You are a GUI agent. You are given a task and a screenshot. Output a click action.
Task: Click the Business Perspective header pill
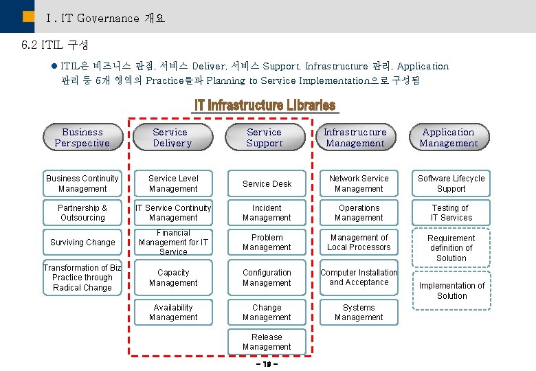pyautogui.click(x=82, y=137)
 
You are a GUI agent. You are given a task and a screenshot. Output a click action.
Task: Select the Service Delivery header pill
pyautogui.click(x=172, y=137)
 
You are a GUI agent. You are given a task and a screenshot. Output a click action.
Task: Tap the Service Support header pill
pyautogui.click(x=265, y=137)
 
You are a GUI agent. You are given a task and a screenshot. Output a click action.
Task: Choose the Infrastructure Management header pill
pyautogui.click(x=355, y=137)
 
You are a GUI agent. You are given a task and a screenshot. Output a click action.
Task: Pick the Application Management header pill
pyautogui.click(x=449, y=137)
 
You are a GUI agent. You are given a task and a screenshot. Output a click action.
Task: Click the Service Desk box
pyautogui.click(x=267, y=183)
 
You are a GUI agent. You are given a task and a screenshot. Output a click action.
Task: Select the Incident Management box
pyautogui.click(x=267, y=213)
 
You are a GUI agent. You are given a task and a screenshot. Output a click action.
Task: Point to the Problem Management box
pyautogui.click(x=267, y=243)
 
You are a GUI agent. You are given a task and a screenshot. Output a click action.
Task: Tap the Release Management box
pyautogui.click(x=267, y=342)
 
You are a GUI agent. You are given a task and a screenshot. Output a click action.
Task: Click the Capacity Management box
pyautogui.click(x=173, y=278)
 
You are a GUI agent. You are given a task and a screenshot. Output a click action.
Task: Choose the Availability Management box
pyautogui.click(x=173, y=313)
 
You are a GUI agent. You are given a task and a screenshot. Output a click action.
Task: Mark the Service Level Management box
pyautogui.click(x=173, y=183)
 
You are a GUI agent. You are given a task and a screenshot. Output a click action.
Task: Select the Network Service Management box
pyautogui.click(x=359, y=183)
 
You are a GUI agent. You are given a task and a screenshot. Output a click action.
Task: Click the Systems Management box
pyautogui.click(x=359, y=313)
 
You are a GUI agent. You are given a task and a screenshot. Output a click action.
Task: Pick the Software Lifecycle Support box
pyautogui.click(x=451, y=183)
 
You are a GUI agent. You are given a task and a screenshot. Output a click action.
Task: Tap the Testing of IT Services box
pyautogui.click(x=451, y=213)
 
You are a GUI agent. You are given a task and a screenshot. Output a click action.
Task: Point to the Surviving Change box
pyautogui.click(x=82, y=243)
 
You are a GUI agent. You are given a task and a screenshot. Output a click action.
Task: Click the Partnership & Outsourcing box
pyautogui.click(x=82, y=213)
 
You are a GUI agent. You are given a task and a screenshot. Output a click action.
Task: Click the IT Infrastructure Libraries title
pyautogui.click(x=265, y=105)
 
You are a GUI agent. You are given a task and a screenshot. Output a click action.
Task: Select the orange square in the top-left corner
pyautogui.click(x=27, y=16)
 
